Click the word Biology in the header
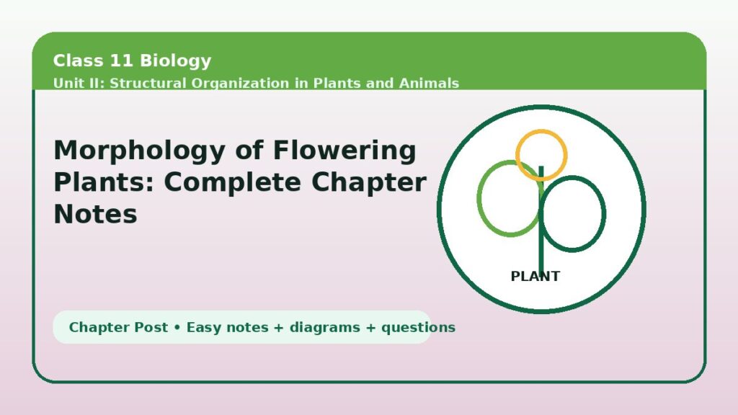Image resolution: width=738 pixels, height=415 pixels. (x=176, y=61)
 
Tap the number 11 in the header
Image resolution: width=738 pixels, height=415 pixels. (x=121, y=61)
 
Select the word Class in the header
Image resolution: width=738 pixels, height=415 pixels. (x=78, y=61)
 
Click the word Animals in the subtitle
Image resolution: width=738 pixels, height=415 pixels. (x=429, y=83)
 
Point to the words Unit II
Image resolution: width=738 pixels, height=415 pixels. (x=79, y=83)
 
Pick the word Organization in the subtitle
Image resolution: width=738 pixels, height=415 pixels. (x=240, y=84)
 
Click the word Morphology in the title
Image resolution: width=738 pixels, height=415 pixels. (x=140, y=151)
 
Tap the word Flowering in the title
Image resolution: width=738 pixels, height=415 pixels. (x=344, y=151)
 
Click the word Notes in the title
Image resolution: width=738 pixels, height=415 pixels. (x=96, y=214)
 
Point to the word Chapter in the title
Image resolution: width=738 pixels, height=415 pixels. (x=369, y=182)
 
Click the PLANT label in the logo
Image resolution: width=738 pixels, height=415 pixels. (x=535, y=276)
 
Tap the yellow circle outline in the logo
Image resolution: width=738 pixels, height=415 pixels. (x=541, y=131)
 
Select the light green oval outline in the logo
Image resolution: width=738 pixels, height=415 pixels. (x=479, y=198)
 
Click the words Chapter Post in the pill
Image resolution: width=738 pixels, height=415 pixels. (x=118, y=327)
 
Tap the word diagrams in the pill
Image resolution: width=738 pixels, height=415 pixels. (x=325, y=328)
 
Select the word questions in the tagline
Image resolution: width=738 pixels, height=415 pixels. (x=419, y=328)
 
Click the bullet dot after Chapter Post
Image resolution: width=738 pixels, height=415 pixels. (x=177, y=328)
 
